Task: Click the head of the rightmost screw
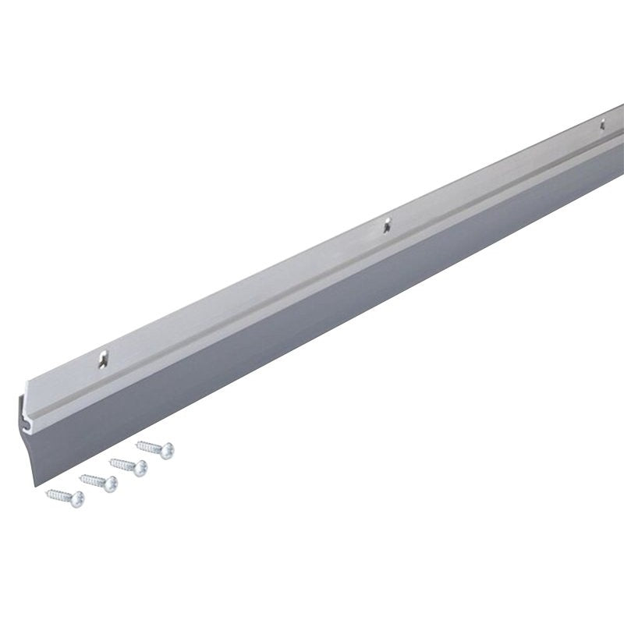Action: click(167, 450)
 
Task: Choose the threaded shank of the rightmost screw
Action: click(151, 446)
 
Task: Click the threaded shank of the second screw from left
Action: click(93, 479)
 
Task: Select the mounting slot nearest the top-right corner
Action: click(601, 123)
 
